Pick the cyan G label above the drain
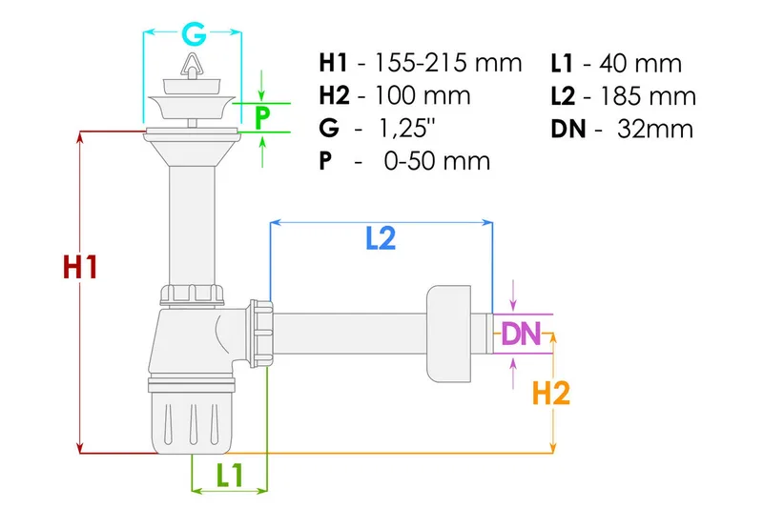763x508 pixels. click(x=194, y=36)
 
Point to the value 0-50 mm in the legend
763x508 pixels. click(x=435, y=161)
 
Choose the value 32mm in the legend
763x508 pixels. click(x=654, y=129)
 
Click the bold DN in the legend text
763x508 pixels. click(x=568, y=129)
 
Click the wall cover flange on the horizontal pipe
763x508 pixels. click(x=450, y=330)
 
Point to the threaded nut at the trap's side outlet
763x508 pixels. click(x=260, y=334)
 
